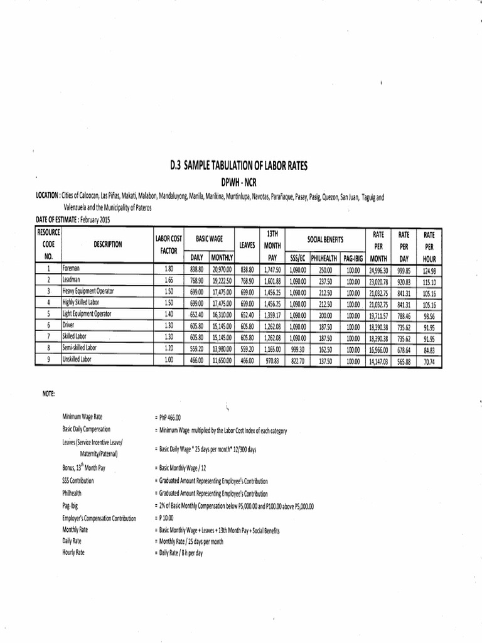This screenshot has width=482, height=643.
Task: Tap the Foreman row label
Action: pyautogui.click(x=72, y=268)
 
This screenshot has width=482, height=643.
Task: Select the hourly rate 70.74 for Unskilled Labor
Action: pyautogui.click(x=430, y=361)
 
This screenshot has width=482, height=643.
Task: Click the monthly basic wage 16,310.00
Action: pyautogui.click(x=221, y=315)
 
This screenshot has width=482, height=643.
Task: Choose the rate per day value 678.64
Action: pyautogui.click(x=404, y=349)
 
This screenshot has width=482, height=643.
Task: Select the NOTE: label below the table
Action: pyautogui.click(x=50, y=394)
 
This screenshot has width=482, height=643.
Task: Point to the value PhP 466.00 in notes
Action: pyautogui.click(x=167, y=418)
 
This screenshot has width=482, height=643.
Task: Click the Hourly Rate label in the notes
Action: pyautogui.click(x=73, y=553)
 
